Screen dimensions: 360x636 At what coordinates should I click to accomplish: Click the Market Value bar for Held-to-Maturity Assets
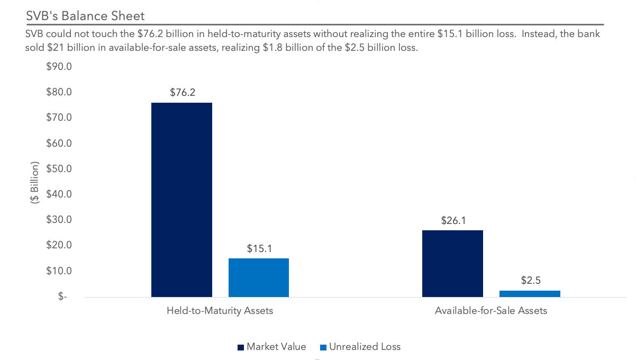click(x=181, y=200)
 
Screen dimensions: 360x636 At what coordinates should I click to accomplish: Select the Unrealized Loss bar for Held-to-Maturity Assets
click(x=259, y=277)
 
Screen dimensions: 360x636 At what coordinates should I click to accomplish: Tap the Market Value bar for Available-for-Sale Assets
click(x=452, y=264)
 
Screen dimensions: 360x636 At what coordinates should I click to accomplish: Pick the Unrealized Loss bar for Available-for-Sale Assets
click(x=530, y=294)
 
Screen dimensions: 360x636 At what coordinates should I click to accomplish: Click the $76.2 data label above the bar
click(x=183, y=92)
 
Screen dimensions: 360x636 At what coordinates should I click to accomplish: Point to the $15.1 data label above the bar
click(x=259, y=248)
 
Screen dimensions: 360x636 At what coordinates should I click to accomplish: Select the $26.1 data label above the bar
click(x=453, y=220)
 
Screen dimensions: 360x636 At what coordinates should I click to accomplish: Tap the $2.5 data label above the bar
click(x=530, y=281)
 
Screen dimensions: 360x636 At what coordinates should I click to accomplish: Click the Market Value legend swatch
click(x=241, y=347)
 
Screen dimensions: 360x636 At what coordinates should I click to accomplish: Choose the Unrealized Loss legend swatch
click(x=323, y=347)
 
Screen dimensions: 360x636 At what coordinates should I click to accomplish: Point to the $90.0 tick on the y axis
click(x=59, y=67)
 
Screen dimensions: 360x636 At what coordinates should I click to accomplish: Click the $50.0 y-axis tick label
click(x=59, y=169)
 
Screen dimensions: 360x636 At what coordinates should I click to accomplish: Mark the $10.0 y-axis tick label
click(x=59, y=271)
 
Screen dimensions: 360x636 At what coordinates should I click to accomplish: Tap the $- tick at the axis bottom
click(x=63, y=296)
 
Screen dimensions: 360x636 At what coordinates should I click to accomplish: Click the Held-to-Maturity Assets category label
click(x=220, y=311)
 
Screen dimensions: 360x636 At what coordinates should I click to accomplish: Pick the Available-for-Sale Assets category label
click(x=490, y=311)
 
